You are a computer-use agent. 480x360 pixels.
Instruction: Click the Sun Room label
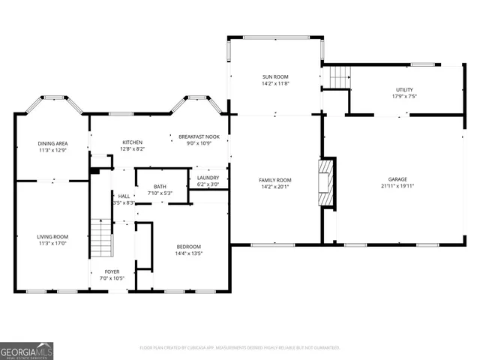pos(275,76)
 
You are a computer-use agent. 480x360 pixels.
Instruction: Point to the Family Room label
pos(275,180)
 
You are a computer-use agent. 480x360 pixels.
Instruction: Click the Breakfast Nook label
pos(199,136)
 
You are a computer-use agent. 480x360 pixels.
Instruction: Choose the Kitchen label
pos(133,142)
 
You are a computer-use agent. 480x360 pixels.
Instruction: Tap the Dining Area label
pos(53,143)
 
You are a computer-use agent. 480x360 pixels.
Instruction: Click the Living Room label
pos(53,237)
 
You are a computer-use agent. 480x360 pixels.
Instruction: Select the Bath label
pos(160,187)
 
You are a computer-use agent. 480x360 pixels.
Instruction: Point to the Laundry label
pos(208,178)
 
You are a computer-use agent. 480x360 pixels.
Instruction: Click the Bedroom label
pos(188,247)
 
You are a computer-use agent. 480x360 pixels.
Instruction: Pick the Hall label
pos(124,196)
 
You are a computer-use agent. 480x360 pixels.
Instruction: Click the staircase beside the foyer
pos(100,237)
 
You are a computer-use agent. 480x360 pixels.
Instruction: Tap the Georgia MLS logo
pos(26,350)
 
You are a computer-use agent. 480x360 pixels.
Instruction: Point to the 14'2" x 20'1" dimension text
pos(275,187)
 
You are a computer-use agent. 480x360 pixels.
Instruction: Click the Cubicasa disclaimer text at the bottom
pos(240,348)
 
